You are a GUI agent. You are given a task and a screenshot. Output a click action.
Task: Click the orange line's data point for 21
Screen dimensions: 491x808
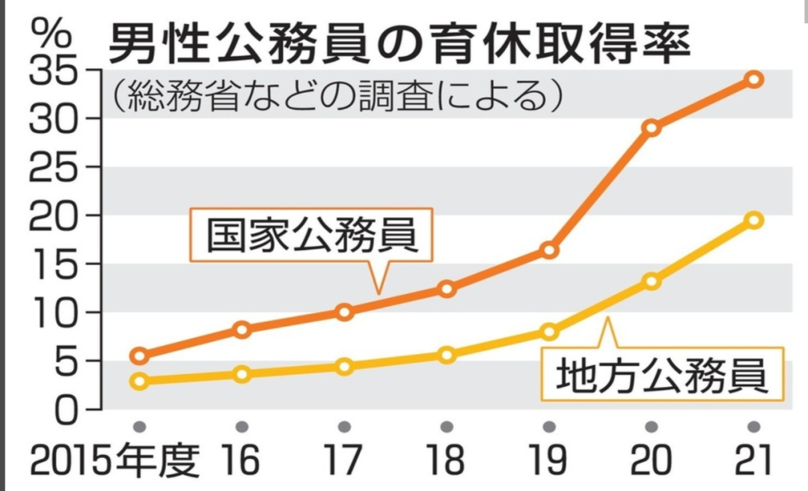(754, 79)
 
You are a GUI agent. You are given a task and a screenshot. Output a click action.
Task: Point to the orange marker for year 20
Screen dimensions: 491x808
(652, 127)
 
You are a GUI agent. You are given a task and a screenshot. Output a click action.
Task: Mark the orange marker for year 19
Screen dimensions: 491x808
(549, 250)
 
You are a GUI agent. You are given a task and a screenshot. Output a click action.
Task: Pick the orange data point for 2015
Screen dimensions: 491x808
(138, 356)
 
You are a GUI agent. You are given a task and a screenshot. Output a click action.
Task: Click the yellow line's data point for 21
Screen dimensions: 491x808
(754, 220)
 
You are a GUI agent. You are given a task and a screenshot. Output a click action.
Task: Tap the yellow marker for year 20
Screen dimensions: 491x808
(652, 281)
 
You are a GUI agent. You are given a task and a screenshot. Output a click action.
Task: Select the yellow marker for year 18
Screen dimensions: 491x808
(447, 355)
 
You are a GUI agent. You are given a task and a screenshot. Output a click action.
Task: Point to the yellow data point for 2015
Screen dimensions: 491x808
(138, 381)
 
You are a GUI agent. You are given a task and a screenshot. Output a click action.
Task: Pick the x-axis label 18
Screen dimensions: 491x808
(447, 461)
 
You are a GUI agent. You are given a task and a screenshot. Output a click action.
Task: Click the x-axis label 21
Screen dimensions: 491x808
(754, 461)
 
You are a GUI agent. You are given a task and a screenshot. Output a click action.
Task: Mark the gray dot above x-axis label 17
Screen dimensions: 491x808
(344, 427)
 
